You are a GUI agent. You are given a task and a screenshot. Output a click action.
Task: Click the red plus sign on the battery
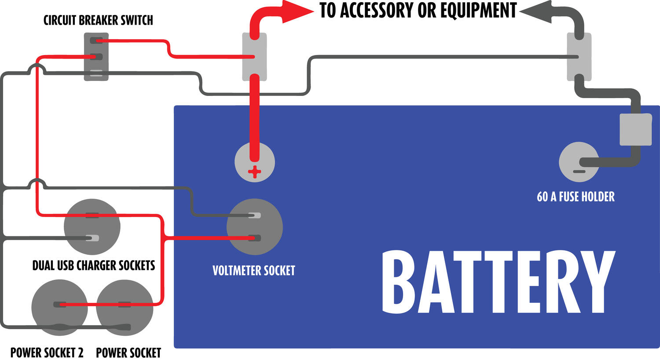pyautogui.click(x=254, y=172)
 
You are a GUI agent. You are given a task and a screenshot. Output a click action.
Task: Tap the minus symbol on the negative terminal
pyautogui.click(x=579, y=171)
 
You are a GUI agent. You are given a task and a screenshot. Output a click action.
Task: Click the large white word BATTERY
pyautogui.click(x=497, y=282)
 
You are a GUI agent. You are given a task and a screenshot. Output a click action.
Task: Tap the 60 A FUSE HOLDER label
pyautogui.click(x=576, y=197)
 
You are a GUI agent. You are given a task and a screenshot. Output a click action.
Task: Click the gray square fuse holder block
pyautogui.click(x=635, y=129)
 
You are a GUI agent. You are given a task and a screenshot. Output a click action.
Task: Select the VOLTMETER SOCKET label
pyautogui.click(x=254, y=270)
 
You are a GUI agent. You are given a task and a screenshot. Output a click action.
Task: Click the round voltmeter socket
pyautogui.click(x=254, y=227)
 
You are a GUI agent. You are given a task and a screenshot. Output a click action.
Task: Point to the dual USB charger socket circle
pyautogui.click(x=92, y=227)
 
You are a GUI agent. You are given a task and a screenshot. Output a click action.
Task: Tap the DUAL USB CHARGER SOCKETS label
pyautogui.click(x=94, y=265)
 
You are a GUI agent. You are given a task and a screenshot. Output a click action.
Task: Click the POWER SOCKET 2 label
pyautogui.click(x=47, y=353)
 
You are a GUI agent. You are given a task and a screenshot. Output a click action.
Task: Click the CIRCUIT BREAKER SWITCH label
pyautogui.click(x=98, y=20)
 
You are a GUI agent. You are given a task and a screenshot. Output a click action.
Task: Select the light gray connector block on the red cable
pyautogui.click(x=254, y=56)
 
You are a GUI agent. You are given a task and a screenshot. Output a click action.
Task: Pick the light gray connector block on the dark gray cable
pyautogui.click(x=579, y=56)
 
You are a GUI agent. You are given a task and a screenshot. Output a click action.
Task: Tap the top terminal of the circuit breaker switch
pyautogui.click(x=96, y=41)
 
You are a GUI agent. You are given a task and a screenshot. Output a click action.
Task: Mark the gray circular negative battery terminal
pyautogui.click(x=578, y=162)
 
